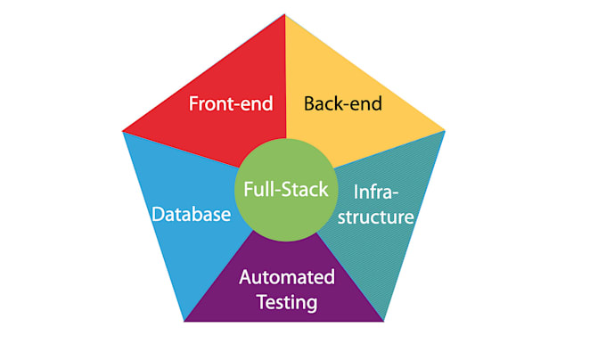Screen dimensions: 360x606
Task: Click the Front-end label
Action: pyautogui.click(x=231, y=103)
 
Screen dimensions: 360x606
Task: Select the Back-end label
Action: pyautogui.click(x=343, y=103)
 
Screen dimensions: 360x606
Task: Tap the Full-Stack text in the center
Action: pyautogui.click(x=281, y=190)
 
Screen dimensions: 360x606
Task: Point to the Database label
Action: pyautogui.click(x=191, y=215)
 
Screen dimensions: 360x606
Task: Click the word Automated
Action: pyautogui.click(x=287, y=277)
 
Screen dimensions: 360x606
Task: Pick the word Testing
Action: pyautogui.click(x=287, y=302)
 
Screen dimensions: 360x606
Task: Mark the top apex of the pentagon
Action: pyautogui.click(x=285, y=14)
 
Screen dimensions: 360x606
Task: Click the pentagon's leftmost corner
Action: pyautogui.click(x=123, y=132)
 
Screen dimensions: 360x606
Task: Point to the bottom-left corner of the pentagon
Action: pyautogui.click(x=184, y=321)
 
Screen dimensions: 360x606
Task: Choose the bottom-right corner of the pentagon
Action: pyautogui.click(x=385, y=321)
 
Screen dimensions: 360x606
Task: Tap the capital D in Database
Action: pyautogui.click(x=157, y=215)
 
